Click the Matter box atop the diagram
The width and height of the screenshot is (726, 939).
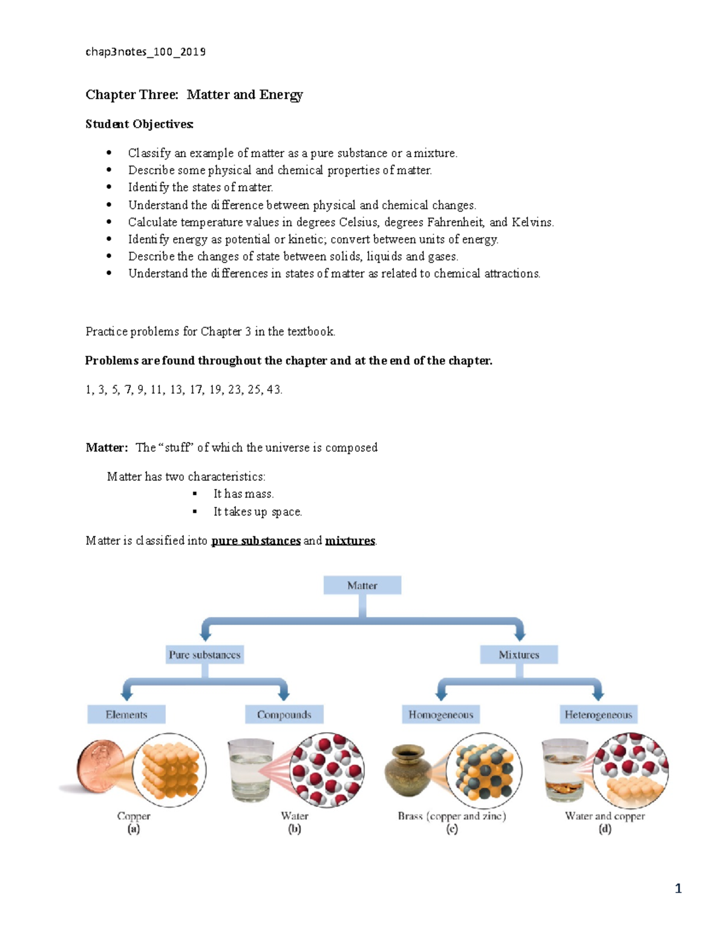(x=362, y=585)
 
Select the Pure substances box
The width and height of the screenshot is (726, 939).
(x=204, y=655)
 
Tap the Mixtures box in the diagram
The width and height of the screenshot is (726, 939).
(x=518, y=655)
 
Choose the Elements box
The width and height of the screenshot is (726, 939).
(x=126, y=715)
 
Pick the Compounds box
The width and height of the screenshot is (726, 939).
(x=284, y=715)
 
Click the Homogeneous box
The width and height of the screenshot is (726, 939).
(x=440, y=715)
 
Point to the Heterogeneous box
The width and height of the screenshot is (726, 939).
(x=598, y=715)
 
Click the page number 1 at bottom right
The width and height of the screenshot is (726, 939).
(x=678, y=888)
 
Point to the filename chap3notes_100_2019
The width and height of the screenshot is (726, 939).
(x=145, y=52)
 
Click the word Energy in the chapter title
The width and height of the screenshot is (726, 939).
(x=281, y=95)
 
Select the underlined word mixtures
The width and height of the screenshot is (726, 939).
(x=350, y=541)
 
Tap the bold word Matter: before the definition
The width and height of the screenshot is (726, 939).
(x=106, y=447)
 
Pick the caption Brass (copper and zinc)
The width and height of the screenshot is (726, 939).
(x=451, y=816)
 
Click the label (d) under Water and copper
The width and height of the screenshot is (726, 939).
(x=605, y=829)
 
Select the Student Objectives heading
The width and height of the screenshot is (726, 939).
(x=139, y=124)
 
